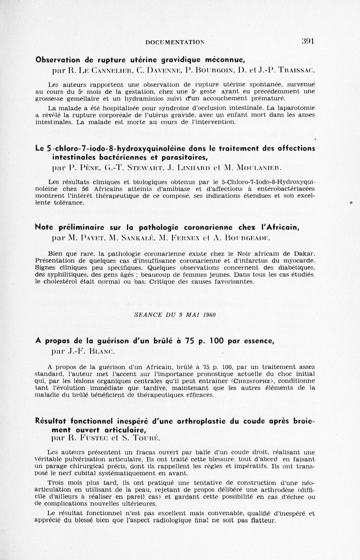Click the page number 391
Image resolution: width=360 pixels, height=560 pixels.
tap(307, 41)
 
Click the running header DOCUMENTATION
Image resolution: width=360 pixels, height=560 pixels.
tap(175, 42)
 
